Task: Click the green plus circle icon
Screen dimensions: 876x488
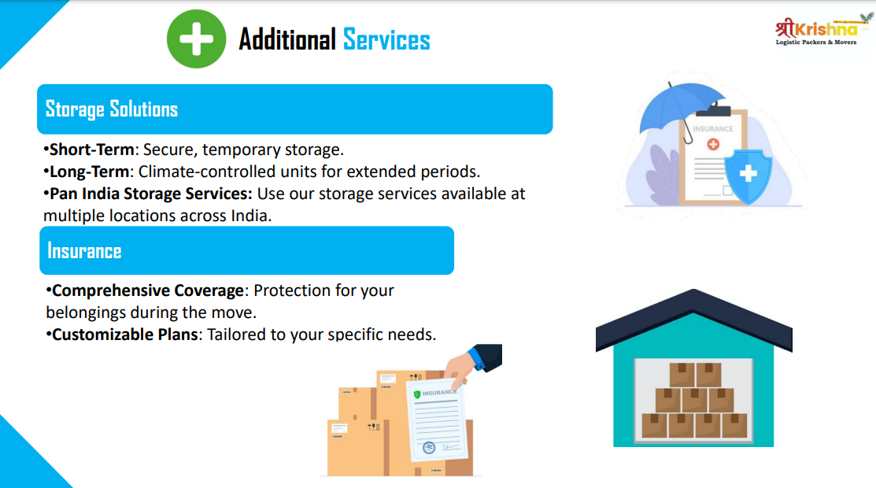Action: (x=196, y=39)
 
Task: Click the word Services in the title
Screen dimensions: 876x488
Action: (x=386, y=39)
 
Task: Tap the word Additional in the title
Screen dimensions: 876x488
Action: (x=287, y=39)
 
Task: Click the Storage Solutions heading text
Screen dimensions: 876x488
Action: (x=112, y=109)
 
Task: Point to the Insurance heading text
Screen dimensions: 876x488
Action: (x=84, y=251)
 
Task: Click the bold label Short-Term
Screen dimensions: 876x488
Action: (x=91, y=150)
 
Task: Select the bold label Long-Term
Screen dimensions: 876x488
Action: (x=90, y=172)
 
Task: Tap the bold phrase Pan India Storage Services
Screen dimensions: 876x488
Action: (x=151, y=194)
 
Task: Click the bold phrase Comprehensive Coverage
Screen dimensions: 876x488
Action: (x=147, y=290)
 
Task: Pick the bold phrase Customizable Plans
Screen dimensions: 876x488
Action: (x=125, y=335)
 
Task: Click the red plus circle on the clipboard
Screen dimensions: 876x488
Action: (x=713, y=144)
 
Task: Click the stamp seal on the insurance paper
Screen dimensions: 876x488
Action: (x=429, y=447)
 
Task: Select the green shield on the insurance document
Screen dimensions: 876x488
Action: (x=417, y=394)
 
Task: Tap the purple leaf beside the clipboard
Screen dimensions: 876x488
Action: (x=663, y=175)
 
